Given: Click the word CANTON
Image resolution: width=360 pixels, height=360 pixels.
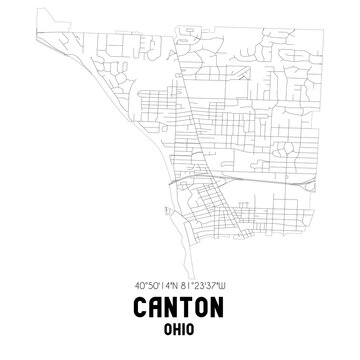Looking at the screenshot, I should coord(180,308).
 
